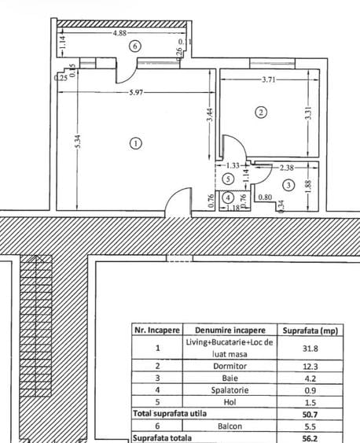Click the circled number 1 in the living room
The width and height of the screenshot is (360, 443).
coord(135,143)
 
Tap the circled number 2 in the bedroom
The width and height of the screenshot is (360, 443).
coord(262,113)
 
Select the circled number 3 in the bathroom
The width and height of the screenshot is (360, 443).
coord(288,185)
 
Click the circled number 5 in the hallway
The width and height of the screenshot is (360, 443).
coord(228,179)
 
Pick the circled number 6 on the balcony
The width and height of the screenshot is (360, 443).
coord(136,46)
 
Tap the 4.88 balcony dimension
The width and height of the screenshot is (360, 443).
coord(121,34)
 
